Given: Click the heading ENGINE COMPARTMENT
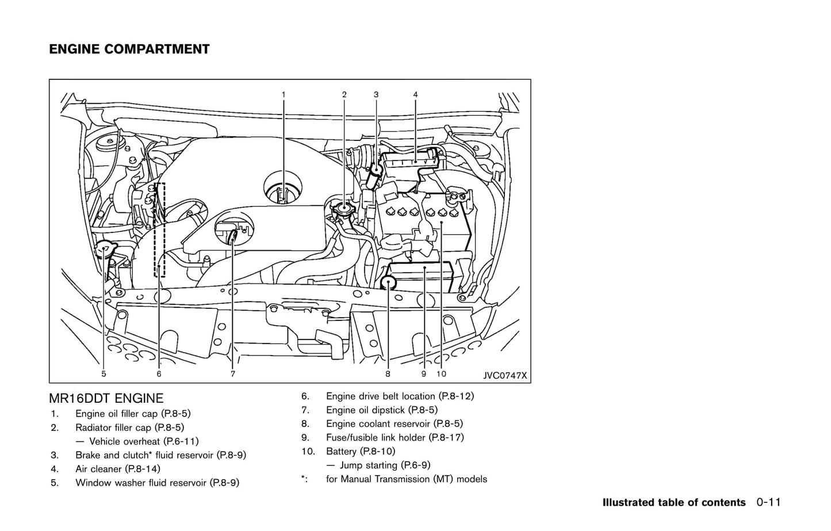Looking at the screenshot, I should pyautogui.click(x=129, y=49).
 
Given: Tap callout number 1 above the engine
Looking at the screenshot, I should pyautogui.click(x=283, y=94).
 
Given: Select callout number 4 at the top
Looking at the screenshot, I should pyautogui.click(x=415, y=94).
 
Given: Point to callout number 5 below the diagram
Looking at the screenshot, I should pyautogui.click(x=104, y=374).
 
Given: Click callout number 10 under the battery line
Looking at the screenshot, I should pyautogui.click(x=441, y=374).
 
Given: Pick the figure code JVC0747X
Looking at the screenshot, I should pyautogui.click(x=505, y=375).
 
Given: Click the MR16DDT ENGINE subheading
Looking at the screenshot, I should pyautogui.click(x=106, y=398).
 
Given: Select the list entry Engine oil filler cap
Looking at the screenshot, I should pyautogui.click(x=133, y=414).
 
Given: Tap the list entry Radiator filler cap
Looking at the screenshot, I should pyautogui.click(x=129, y=427).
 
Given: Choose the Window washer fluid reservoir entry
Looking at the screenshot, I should pyautogui.click(x=157, y=483).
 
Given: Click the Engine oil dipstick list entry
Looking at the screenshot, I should pyautogui.click(x=381, y=410).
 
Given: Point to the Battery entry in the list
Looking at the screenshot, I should pyautogui.click(x=361, y=452).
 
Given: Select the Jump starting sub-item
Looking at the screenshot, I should pyautogui.click(x=385, y=465).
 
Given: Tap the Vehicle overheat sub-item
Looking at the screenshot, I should pyautogui.click(x=144, y=441).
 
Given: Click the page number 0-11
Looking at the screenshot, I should pyautogui.click(x=769, y=503).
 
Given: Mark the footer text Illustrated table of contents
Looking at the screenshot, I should pyautogui.click(x=673, y=503).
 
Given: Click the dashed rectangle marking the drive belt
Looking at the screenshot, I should pyautogui.click(x=160, y=230).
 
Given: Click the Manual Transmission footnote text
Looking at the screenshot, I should pyautogui.click(x=406, y=479).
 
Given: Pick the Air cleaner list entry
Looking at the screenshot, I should pyautogui.click(x=118, y=469).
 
